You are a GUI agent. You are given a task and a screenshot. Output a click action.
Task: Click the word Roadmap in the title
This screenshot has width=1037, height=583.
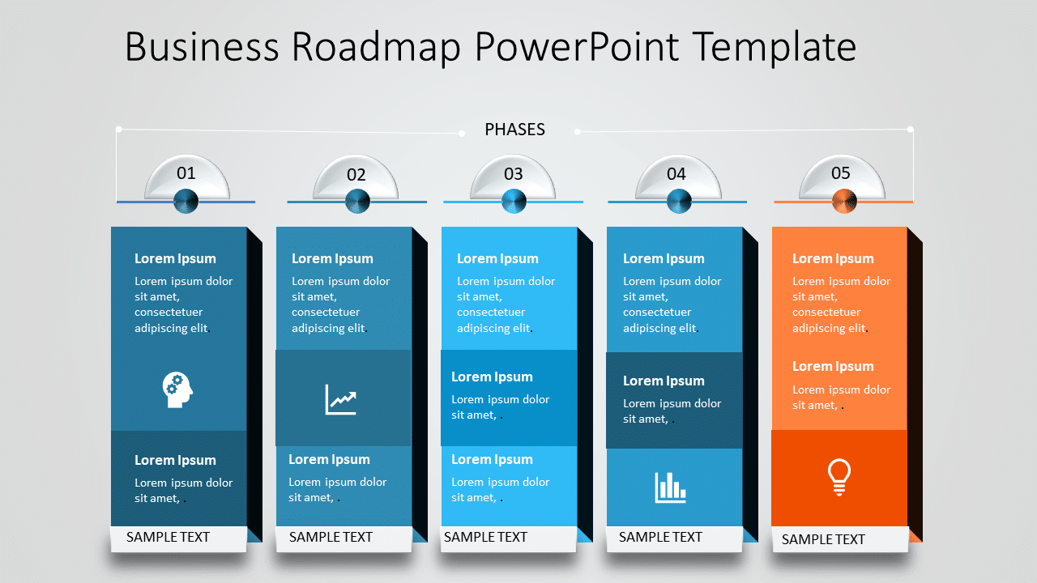(x=377, y=46)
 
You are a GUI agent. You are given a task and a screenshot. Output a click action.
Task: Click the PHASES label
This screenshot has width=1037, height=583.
(x=514, y=130)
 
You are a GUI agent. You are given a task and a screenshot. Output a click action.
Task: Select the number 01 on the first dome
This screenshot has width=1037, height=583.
(x=186, y=172)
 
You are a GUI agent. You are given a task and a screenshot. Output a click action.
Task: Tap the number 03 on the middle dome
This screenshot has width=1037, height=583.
(x=514, y=173)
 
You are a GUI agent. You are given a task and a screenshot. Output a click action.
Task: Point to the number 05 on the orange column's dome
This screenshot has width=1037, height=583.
(x=841, y=172)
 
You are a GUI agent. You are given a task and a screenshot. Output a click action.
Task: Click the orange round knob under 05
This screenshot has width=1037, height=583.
(x=844, y=201)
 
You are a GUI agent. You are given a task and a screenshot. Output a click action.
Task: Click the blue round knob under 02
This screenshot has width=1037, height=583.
(x=357, y=201)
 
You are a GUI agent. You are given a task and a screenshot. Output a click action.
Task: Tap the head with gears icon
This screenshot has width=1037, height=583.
(x=177, y=389)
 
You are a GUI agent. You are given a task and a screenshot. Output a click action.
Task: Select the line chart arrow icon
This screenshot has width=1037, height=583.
(x=341, y=399)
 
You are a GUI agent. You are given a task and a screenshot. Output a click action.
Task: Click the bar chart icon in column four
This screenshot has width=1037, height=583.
(x=671, y=487)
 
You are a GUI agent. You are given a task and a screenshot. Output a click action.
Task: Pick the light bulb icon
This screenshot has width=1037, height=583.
(x=839, y=476)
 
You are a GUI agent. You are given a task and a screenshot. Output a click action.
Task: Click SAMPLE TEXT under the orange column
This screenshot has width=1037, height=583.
(x=823, y=539)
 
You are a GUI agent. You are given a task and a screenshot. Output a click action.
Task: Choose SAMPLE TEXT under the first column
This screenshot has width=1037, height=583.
(x=168, y=537)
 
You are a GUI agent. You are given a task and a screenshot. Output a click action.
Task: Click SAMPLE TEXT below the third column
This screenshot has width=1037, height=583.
(x=485, y=537)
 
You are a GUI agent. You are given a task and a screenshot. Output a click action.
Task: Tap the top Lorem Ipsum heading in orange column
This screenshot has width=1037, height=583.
(x=833, y=258)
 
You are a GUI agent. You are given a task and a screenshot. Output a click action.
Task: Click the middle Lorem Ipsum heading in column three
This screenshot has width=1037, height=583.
(x=492, y=377)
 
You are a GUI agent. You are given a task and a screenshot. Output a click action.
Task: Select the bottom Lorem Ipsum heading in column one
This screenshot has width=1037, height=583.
(x=175, y=460)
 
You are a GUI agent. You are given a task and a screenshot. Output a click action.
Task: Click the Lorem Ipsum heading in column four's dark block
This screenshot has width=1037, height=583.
(x=664, y=381)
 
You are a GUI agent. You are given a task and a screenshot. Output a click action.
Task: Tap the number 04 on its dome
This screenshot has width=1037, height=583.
(x=676, y=173)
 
